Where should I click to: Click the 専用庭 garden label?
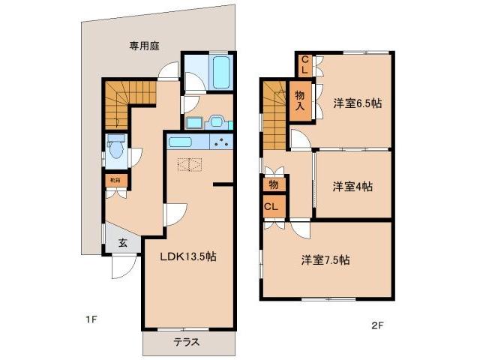[145, 46]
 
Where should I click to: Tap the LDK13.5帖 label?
[188, 256]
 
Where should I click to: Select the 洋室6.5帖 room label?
[357, 103]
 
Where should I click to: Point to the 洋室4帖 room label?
[352, 187]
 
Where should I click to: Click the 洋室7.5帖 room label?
[325, 260]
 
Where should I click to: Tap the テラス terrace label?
[187, 342]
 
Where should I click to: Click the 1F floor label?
[91, 320]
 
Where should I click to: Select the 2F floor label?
[377, 325]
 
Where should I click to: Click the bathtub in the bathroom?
[220, 73]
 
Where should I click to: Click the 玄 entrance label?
[121, 243]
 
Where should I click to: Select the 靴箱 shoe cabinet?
[115, 181]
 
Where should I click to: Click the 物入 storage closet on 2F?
[300, 100]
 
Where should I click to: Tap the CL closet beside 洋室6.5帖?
[305, 64]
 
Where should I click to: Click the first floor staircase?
[127, 94]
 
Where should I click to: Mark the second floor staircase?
[274, 112]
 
